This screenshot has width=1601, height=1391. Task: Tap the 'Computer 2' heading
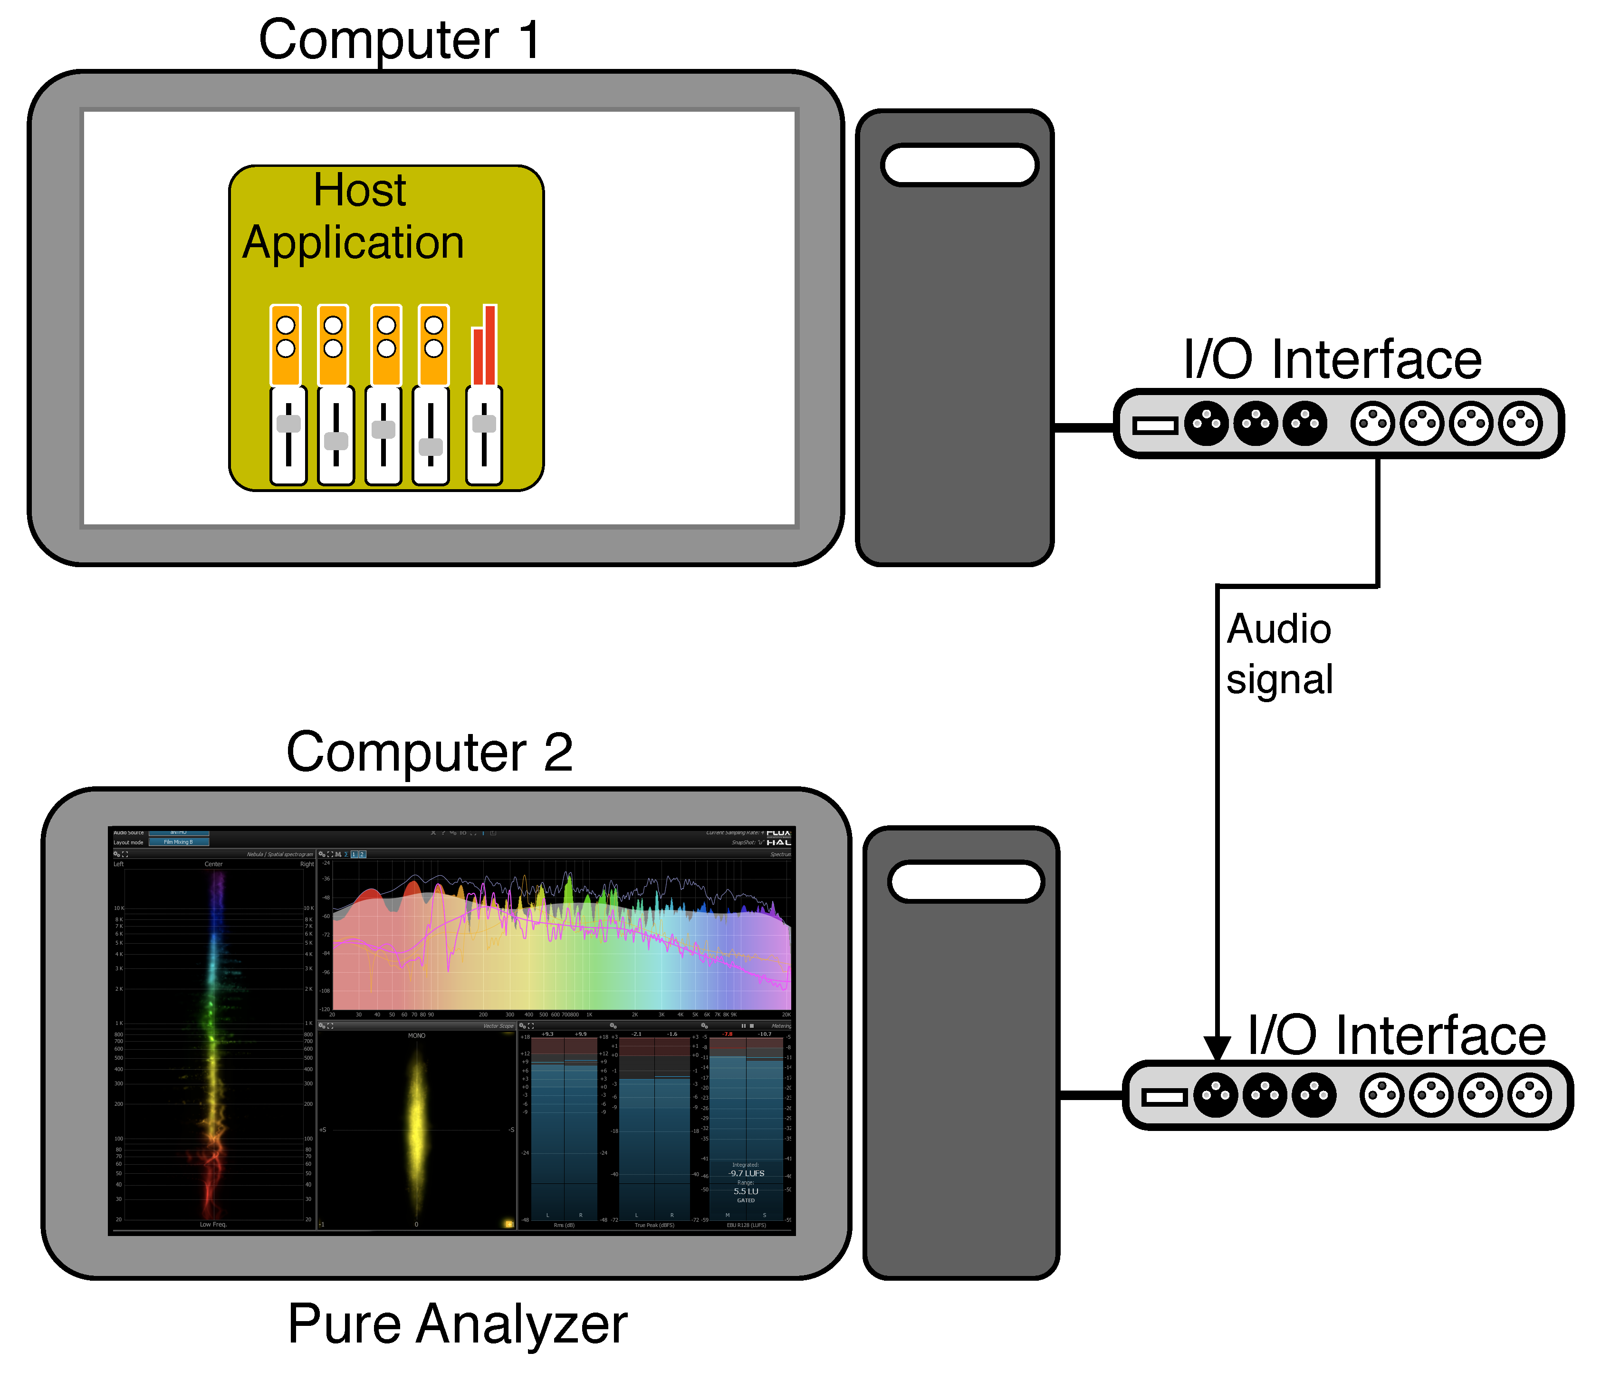pos(429,752)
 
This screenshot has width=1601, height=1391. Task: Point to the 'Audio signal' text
pos(1279,654)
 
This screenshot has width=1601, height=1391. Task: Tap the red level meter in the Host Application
pos(484,346)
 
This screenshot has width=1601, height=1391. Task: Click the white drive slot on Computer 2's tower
pos(966,882)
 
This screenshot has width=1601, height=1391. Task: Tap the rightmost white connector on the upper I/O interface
pos(1520,424)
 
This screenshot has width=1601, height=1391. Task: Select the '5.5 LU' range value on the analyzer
pos(746,1191)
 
